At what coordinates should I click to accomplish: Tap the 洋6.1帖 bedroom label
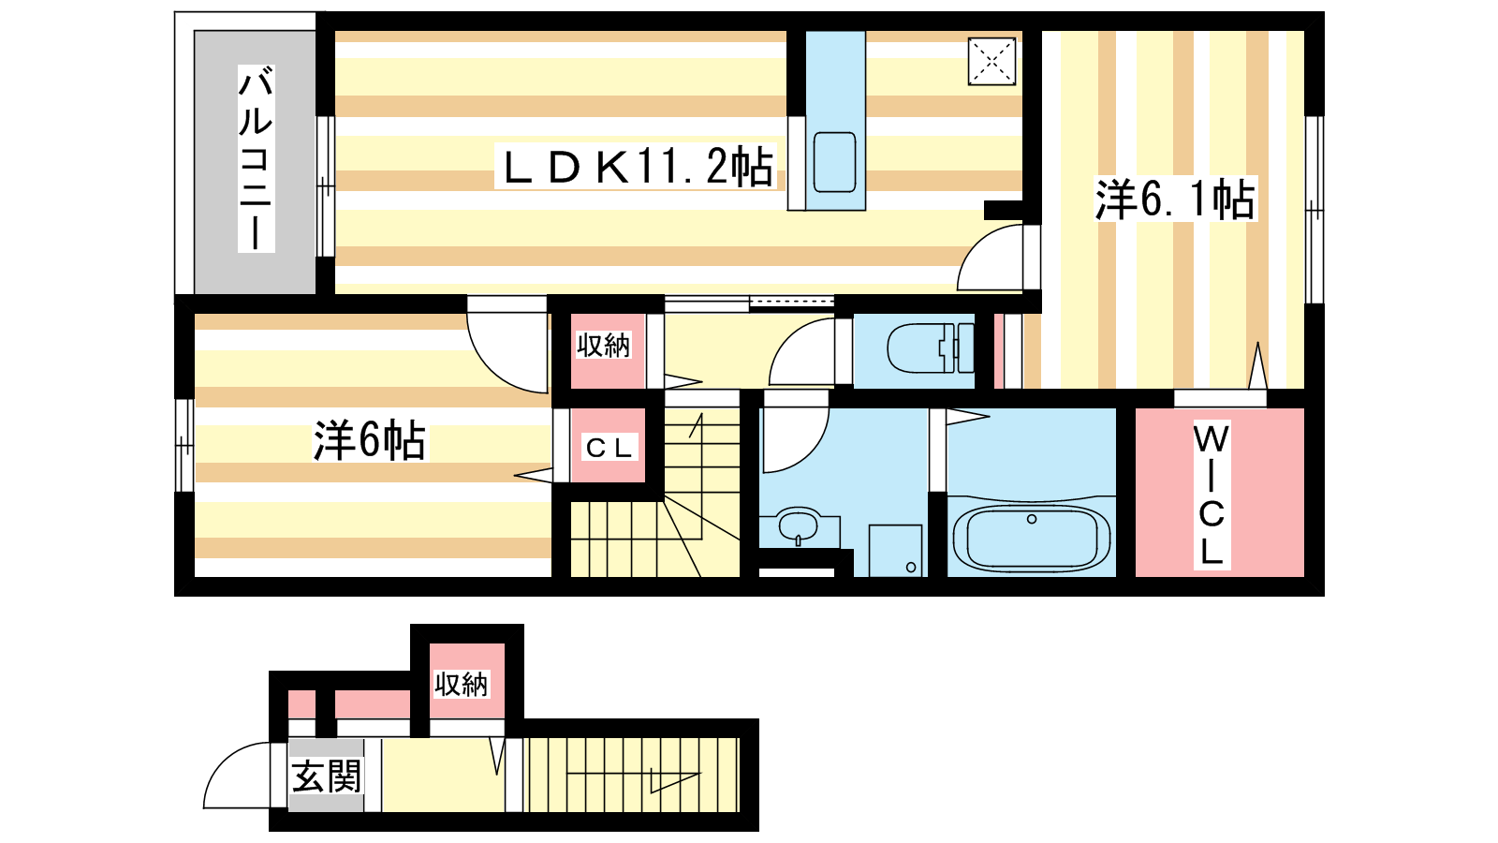click(x=1175, y=199)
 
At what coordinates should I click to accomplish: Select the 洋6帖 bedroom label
click(x=369, y=440)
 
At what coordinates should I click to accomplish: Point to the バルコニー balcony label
click(x=257, y=158)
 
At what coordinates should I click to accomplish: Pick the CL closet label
click(x=609, y=448)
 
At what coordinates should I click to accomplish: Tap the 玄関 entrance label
click(x=327, y=776)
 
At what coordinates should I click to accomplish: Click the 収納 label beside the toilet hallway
click(x=603, y=346)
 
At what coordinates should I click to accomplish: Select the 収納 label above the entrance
click(x=461, y=685)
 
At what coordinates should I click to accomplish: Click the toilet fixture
click(x=931, y=348)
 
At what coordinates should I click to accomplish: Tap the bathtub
click(x=1031, y=537)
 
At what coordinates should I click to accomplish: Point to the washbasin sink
click(x=799, y=525)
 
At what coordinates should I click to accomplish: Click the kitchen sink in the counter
click(x=834, y=162)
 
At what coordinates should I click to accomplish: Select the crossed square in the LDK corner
click(x=991, y=62)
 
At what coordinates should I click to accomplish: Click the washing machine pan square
click(x=895, y=551)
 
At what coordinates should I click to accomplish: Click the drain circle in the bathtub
click(x=1031, y=519)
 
